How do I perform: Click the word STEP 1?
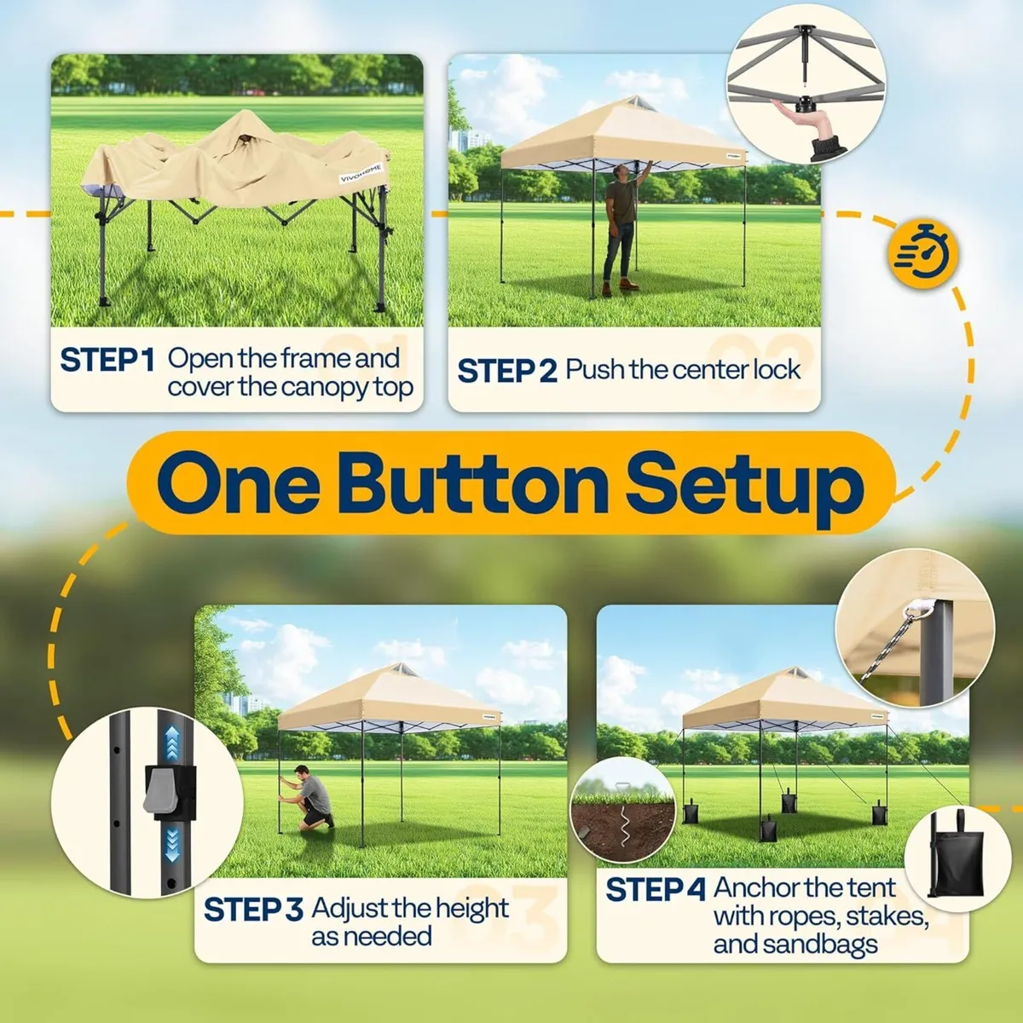107,361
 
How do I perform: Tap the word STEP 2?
507,371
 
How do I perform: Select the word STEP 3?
253,910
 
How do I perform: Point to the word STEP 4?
656,889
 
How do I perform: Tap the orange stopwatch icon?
923,253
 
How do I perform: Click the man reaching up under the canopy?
622,228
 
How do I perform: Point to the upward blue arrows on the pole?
172,743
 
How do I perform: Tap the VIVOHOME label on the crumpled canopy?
361,174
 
